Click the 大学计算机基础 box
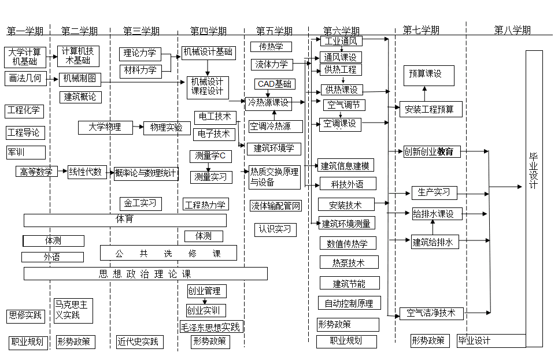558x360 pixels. (25, 57)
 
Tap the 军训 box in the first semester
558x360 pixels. (25, 152)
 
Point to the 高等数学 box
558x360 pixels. (36, 172)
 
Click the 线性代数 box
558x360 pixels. (87, 172)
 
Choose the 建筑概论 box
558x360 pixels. (80, 97)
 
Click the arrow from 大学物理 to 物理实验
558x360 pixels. (137, 127)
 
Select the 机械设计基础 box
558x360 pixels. (208, 53)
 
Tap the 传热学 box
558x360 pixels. (271, 47)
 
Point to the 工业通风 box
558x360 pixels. (341, 41)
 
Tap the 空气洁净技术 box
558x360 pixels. (431, 313)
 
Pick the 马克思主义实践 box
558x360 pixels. (73, 310)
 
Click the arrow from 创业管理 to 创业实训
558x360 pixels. (205, 301)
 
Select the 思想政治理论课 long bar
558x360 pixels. (145, 274)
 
